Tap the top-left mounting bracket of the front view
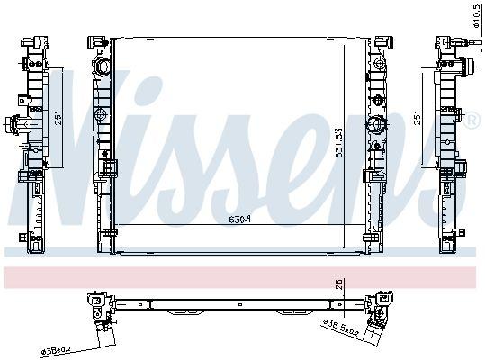[94, 42]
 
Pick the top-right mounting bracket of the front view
[382, 42]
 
